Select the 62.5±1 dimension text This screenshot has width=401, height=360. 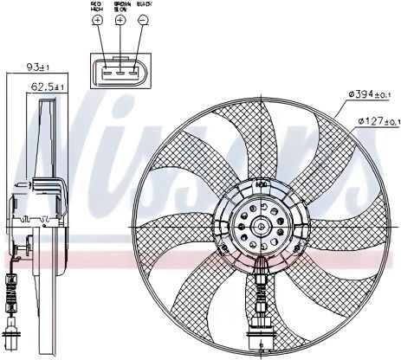[x=45, y=87]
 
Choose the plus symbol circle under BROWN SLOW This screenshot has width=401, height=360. [x=120, y=20]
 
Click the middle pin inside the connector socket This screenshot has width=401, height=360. [x=120, y=73]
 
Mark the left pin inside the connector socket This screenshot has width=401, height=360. [x=106, y=73]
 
